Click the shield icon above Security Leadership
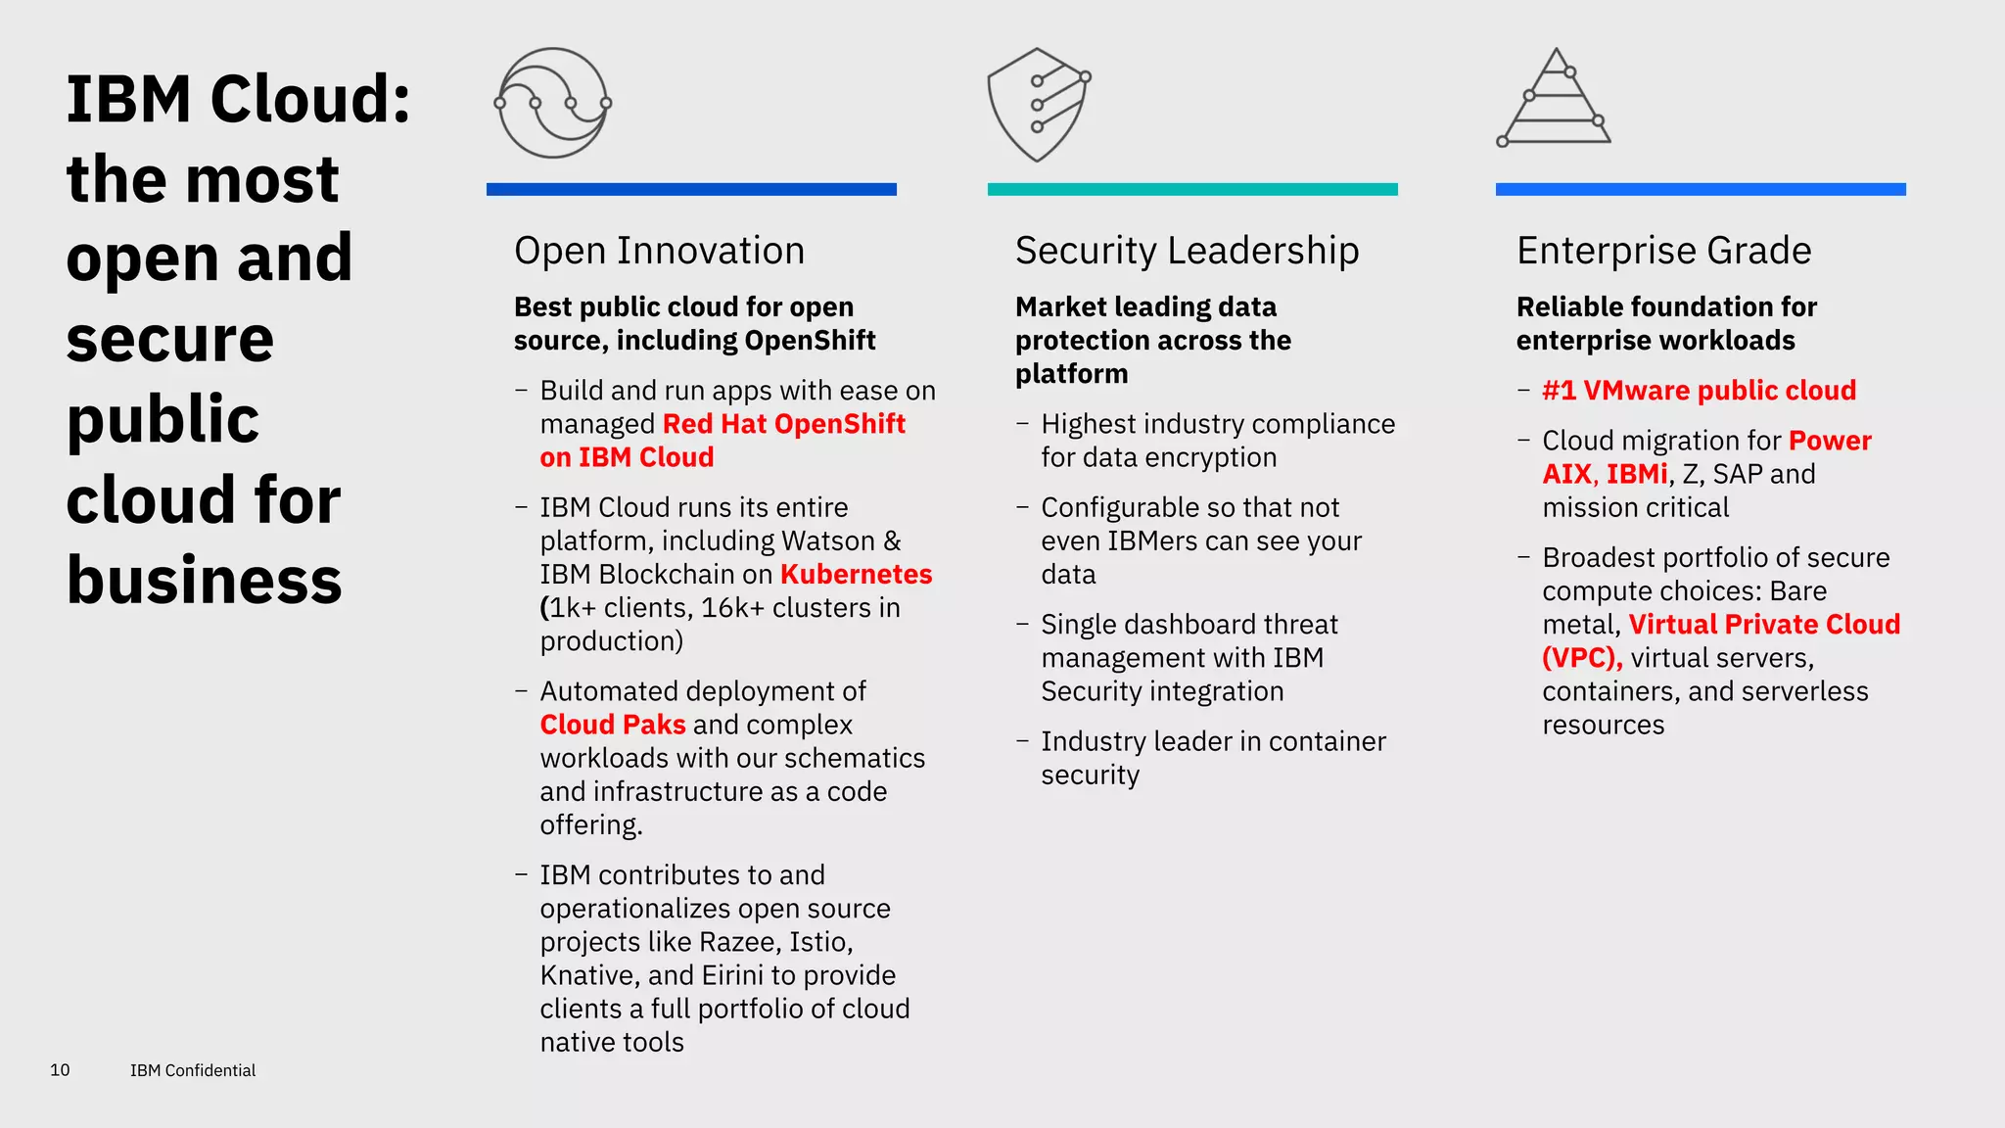click(1038, 105)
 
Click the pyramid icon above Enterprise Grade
click(1555, 99)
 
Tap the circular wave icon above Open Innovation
click(553, 103)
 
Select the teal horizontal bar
click(1192, 189)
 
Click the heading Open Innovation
click(659, 251)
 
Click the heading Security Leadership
click(1187, 251)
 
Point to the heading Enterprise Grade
click(1663, 251)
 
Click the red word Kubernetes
click(856, 575)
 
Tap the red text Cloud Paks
click(613, 725)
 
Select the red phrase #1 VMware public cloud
click(1699, 391)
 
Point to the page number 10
click(60, 1070)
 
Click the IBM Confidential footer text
click(193, 1070)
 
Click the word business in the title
click(204, 580)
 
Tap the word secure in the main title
click(169, 339)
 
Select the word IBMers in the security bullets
click(1157, 541)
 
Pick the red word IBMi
click(1636, 474)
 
